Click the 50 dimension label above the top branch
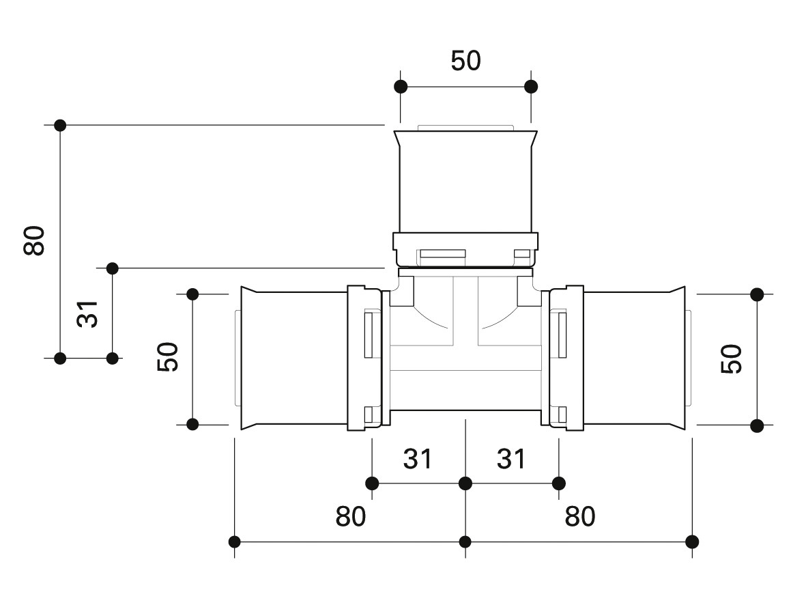pos(465,61)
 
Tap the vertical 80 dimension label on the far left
pos(34,240)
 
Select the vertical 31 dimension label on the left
pos(87,314)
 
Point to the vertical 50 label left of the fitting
pos(168,356)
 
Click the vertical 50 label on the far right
pos(732,358)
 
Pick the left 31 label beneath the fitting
pos(418,459)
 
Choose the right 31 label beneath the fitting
pos(511,459)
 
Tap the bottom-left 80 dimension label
pos(351,516)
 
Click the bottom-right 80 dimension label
pos(580,516)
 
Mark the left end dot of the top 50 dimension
pos(401,87)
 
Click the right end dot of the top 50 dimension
pos(531,87)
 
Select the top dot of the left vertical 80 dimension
pos(60,125)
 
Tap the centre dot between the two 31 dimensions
pos(465,483)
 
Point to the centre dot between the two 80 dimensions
pos(465,541)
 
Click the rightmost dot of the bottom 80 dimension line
pos(692,541)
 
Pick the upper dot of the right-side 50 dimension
pos(757,294)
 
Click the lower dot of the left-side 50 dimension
pos(192,425)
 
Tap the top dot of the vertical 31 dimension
pos(112,268)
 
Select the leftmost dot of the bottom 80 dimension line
pos(234,541)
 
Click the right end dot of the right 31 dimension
pos(559,483)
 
